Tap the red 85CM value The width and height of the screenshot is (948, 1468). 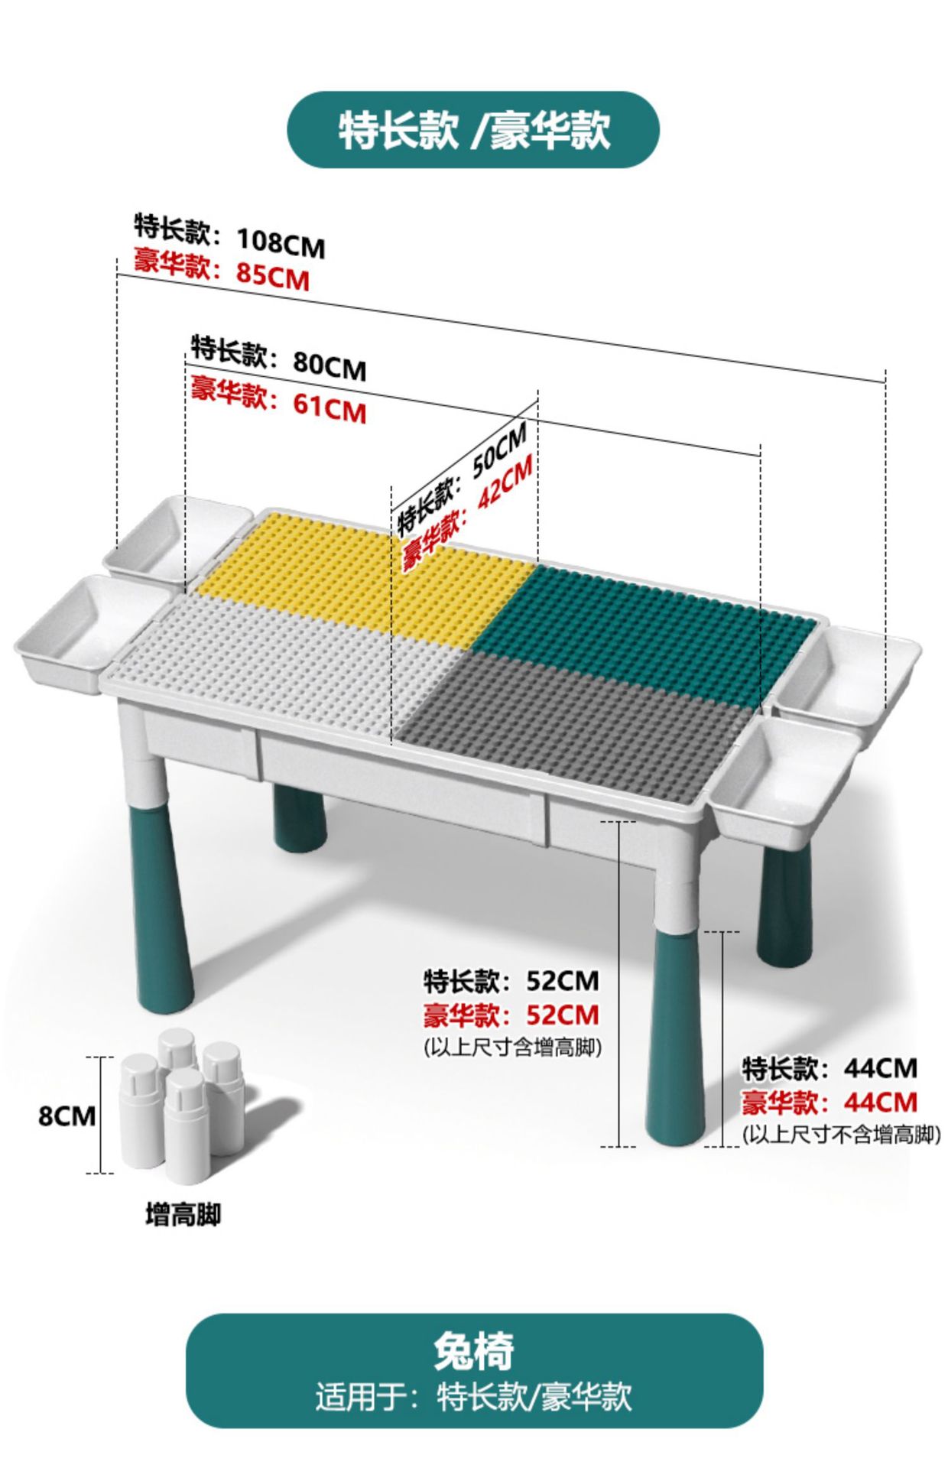(273, 275)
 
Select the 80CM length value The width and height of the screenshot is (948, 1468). (330, 366)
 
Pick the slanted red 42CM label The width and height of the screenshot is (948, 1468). (505, 483)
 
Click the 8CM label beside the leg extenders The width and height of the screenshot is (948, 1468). (67, 1116)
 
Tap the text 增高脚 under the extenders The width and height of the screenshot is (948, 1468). (183, 1214)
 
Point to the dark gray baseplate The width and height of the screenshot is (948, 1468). (566, 723)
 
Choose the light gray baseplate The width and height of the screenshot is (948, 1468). (291, 658)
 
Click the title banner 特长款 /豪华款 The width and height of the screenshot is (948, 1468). (473, 130)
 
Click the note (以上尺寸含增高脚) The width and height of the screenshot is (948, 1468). (512, 1047)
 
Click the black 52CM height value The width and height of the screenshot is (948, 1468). (563, 980)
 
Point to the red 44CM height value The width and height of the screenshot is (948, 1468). (881, 1102)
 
